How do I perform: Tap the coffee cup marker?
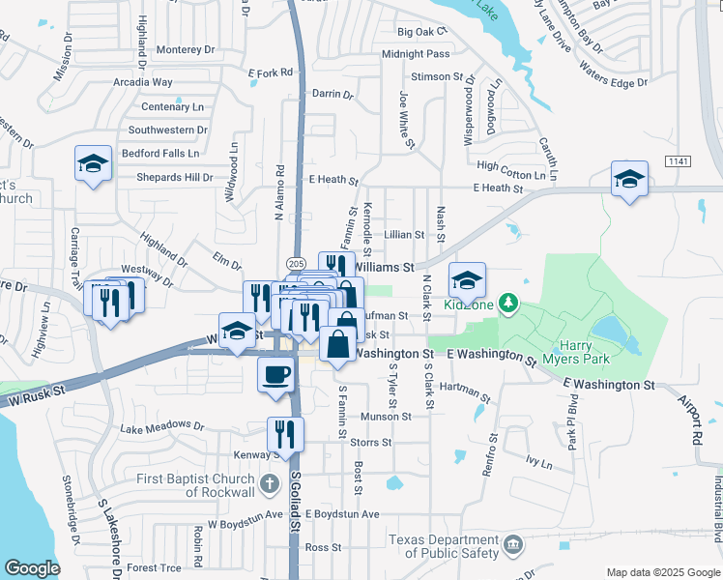275,375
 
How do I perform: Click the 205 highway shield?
297,264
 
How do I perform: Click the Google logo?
33,567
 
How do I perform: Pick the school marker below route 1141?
629,180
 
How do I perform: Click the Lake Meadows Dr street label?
162,426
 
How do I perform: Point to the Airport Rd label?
694,416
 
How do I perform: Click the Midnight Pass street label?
416,54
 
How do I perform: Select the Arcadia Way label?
143,83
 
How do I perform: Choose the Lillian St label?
404,235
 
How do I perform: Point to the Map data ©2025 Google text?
663,572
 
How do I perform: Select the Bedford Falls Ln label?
160,153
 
